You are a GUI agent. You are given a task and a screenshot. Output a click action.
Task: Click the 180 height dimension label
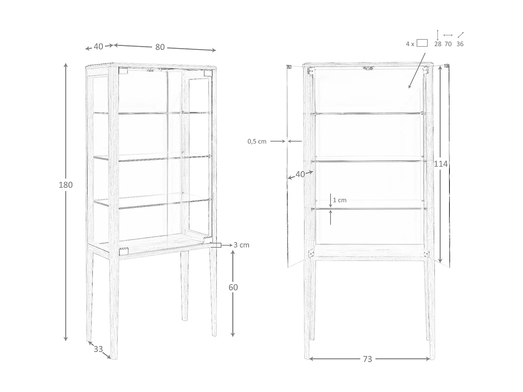(66, 185)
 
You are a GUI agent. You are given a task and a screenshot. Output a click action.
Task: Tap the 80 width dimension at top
(160, 47)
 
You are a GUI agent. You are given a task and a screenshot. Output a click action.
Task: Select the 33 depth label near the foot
(98, 349)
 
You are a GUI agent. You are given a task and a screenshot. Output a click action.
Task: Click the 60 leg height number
(233, 287)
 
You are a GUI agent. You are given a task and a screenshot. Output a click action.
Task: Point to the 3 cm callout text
(241, 245)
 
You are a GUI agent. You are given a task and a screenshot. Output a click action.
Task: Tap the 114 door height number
(441, 164)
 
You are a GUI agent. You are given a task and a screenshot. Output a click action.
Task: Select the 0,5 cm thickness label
(257, 141)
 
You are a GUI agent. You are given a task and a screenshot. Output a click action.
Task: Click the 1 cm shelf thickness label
(340, 200)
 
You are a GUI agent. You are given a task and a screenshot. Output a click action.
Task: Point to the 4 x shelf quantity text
(410, 44)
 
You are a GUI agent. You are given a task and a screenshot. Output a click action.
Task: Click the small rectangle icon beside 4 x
(422, 43)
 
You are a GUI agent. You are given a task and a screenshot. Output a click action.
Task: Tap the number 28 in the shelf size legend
(438, 44)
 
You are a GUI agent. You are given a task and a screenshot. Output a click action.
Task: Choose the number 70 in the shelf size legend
(448, 44)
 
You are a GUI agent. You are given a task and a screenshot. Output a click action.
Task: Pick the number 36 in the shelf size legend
(460, 44)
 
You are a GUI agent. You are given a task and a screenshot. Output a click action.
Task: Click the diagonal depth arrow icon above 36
(461, 35)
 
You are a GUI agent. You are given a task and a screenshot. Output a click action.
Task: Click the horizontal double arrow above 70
(448, 35)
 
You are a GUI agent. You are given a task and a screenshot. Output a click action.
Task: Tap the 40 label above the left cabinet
(98, 46)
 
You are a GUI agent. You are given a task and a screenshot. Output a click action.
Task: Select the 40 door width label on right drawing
(300, 174)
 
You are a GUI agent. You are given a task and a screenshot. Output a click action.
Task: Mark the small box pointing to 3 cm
(216, 245)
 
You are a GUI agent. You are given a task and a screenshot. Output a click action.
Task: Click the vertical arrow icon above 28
(438, 35)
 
